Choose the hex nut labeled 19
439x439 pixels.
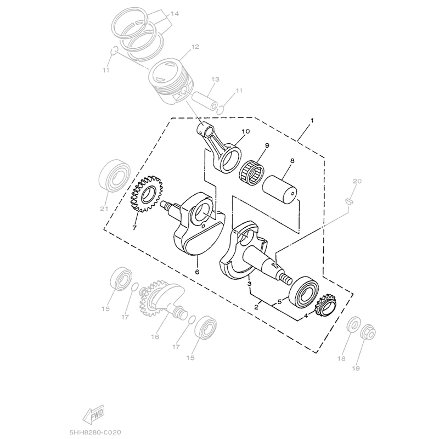click(367, 332)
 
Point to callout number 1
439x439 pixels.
click(312, 120)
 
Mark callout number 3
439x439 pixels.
click(250, 284)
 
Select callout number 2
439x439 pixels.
click(256, 307)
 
